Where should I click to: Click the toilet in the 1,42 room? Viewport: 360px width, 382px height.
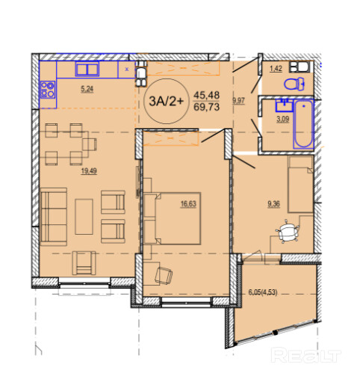pyautogui.click(x=294, y=84)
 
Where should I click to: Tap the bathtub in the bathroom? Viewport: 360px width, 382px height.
pyautogui.click(x=303, y=124)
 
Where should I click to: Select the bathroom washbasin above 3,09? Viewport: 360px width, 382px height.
pyautogui.click(x=285, y=105)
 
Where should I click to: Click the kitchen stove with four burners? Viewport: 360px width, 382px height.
pyautogui.click(x=48, y=90)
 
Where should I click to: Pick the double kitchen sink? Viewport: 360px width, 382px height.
pyautogui.click(x=87, y=69)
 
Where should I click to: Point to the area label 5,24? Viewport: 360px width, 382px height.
pyautogui.click(x=87, y=89)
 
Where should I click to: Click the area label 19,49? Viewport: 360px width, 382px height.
pyautogui.click(x=89, y=171)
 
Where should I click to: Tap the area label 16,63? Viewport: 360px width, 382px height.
pyautogui.click(x=188, y=204)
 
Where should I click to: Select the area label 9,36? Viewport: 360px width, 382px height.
pyautogui.click(x=273, y=204)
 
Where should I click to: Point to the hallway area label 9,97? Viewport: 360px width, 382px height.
pyautogui.click(x=239, y=101)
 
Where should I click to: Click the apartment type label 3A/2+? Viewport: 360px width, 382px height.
pyautogui.click(x=167, y=101)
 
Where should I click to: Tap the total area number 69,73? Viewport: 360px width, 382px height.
pyautogui.click(x=207, y=107)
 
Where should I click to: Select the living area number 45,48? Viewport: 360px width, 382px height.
pyautogui.click(x=207, y=95)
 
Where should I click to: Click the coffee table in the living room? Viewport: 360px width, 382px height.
pyautogui.click(x=84, y=217)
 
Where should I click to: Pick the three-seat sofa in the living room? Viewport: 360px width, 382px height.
pyautogui.click(x=54, y=217)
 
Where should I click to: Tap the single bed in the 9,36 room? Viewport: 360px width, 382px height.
pyautogui.click(x=300, y=185)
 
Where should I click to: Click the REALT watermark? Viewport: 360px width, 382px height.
pyautogui.click(x=306, y=355)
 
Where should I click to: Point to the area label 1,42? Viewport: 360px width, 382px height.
pyautogui.click(x=276, y=69)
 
